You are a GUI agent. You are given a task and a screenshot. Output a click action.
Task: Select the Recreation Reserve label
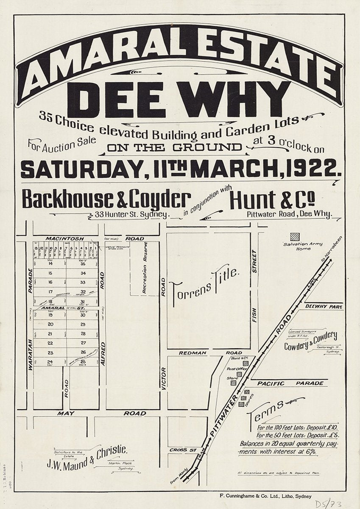[145, 268]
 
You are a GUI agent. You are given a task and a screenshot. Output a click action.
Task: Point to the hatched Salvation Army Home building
[295, 237]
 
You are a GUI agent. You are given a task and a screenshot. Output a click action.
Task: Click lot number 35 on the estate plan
[83, 263]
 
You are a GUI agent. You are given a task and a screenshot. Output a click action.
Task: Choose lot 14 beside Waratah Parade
[50, 263]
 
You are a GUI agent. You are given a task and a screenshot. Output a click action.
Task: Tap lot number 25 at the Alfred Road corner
[83, 361]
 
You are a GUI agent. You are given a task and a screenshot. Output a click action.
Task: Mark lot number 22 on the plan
[50, 343]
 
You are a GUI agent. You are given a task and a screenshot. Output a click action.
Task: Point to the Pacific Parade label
[290, 383]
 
